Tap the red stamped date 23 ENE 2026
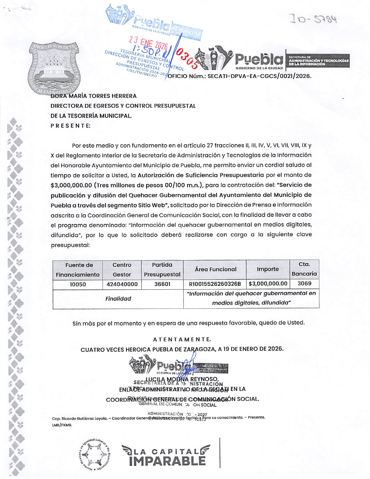point(149,43)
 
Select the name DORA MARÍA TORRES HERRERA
point(94,96)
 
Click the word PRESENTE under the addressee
point(71,126)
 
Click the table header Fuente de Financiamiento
point(77,270)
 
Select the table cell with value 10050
point(77,284)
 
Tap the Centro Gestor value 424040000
point(122,284)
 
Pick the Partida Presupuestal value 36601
point(162,284)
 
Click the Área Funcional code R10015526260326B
point(215,284)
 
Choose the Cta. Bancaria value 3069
point(304,283)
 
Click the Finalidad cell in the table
point(118,299)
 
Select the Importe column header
point(268,269)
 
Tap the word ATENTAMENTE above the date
point(182,339)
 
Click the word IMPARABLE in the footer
point(167,461)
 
